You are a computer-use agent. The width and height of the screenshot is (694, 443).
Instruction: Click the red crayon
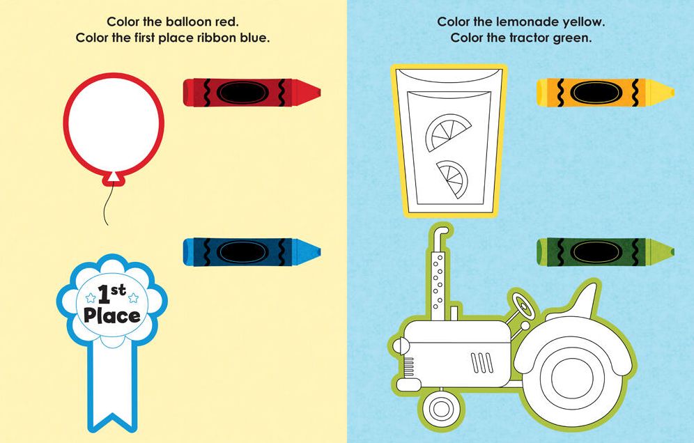(x=252, y=93)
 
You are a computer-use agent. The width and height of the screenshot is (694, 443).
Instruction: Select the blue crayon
(x=252, y=252)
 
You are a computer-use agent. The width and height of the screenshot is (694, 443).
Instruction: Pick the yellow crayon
(x=605, y=93)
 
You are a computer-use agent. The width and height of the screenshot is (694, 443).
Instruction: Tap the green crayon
(x=605, y=252)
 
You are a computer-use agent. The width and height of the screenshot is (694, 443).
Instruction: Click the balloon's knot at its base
(x=114, y=178)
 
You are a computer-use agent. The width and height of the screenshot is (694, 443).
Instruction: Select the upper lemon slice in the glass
(x=448, y=132)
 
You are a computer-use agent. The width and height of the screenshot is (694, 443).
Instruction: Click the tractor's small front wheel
(x=441, y=409)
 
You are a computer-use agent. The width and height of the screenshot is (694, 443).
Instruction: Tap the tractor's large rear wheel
(x=573, y=378)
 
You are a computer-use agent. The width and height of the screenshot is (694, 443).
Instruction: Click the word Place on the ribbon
(x=112, y=316)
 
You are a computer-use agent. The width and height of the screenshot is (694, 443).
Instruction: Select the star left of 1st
(x=91, y=297)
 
